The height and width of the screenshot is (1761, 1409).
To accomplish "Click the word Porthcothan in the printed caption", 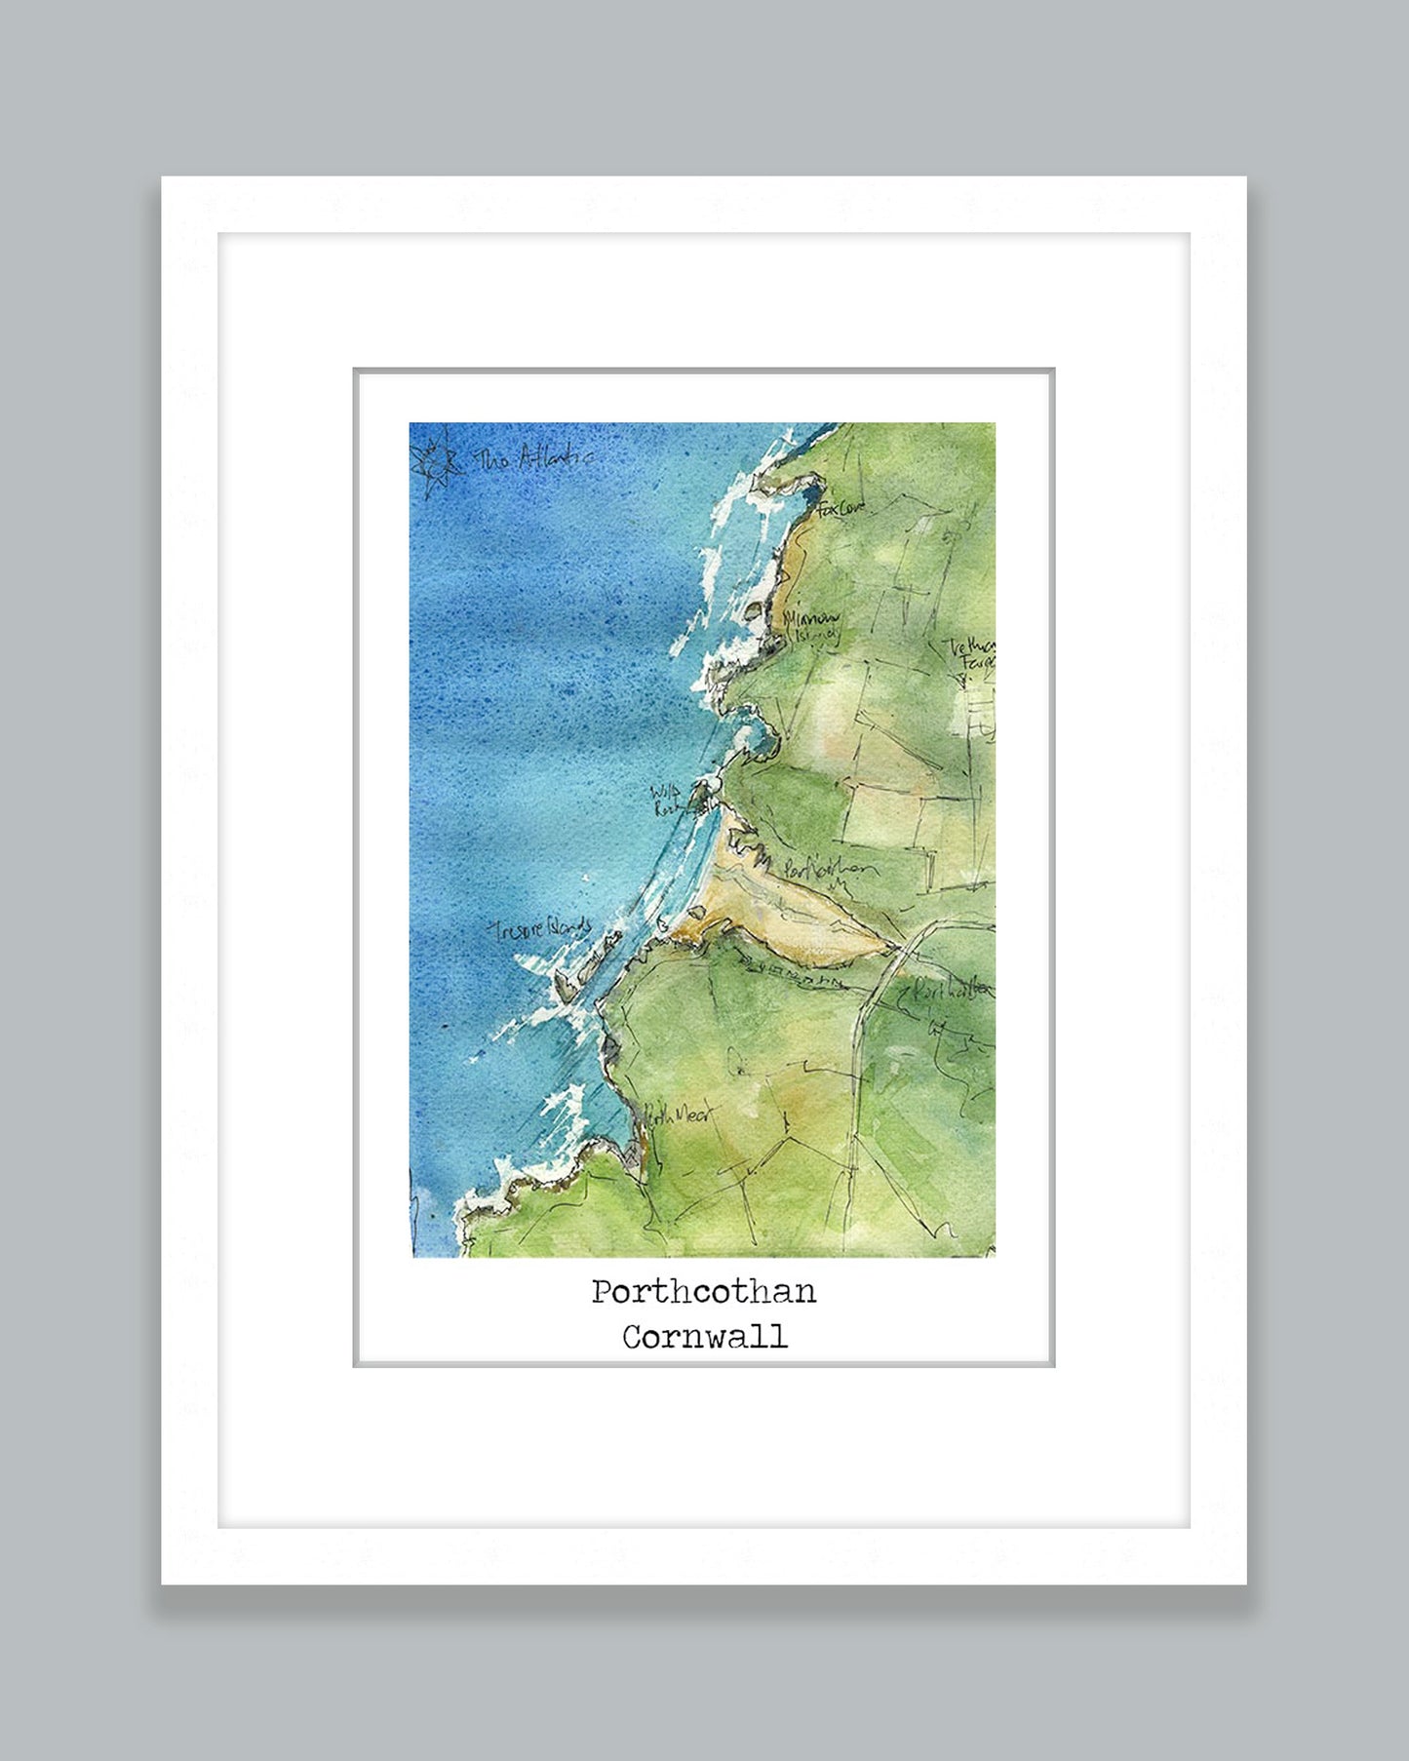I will point(703,1292).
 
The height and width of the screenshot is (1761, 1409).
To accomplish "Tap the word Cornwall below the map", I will point(704,1336).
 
